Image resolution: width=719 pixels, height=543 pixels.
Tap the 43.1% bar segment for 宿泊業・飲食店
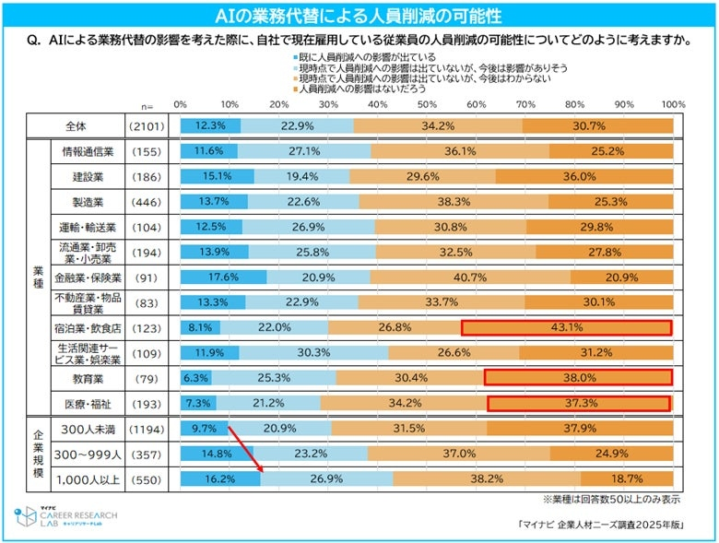565,327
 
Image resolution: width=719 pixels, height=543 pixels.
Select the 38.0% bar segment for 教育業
577,377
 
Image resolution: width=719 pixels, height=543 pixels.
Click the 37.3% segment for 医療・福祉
579,402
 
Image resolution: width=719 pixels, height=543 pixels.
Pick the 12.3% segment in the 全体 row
210,125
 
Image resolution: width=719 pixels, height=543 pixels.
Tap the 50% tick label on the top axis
428,103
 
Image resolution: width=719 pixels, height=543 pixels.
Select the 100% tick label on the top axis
672,103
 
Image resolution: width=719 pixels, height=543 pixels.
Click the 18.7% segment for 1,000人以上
627,479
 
